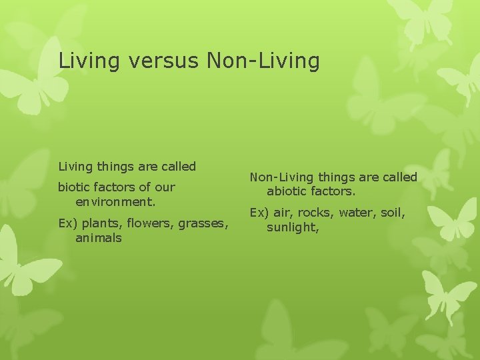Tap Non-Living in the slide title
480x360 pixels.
point(263,61)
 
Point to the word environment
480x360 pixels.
point(115,201)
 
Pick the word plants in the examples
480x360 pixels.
point(98,224)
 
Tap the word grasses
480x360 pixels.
point(203,224)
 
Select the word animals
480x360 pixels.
point(99,238)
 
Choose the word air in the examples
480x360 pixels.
point(281,213)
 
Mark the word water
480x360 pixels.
point(357,213)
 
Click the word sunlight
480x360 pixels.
point(292,227)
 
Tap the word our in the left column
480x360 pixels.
point(165,187)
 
